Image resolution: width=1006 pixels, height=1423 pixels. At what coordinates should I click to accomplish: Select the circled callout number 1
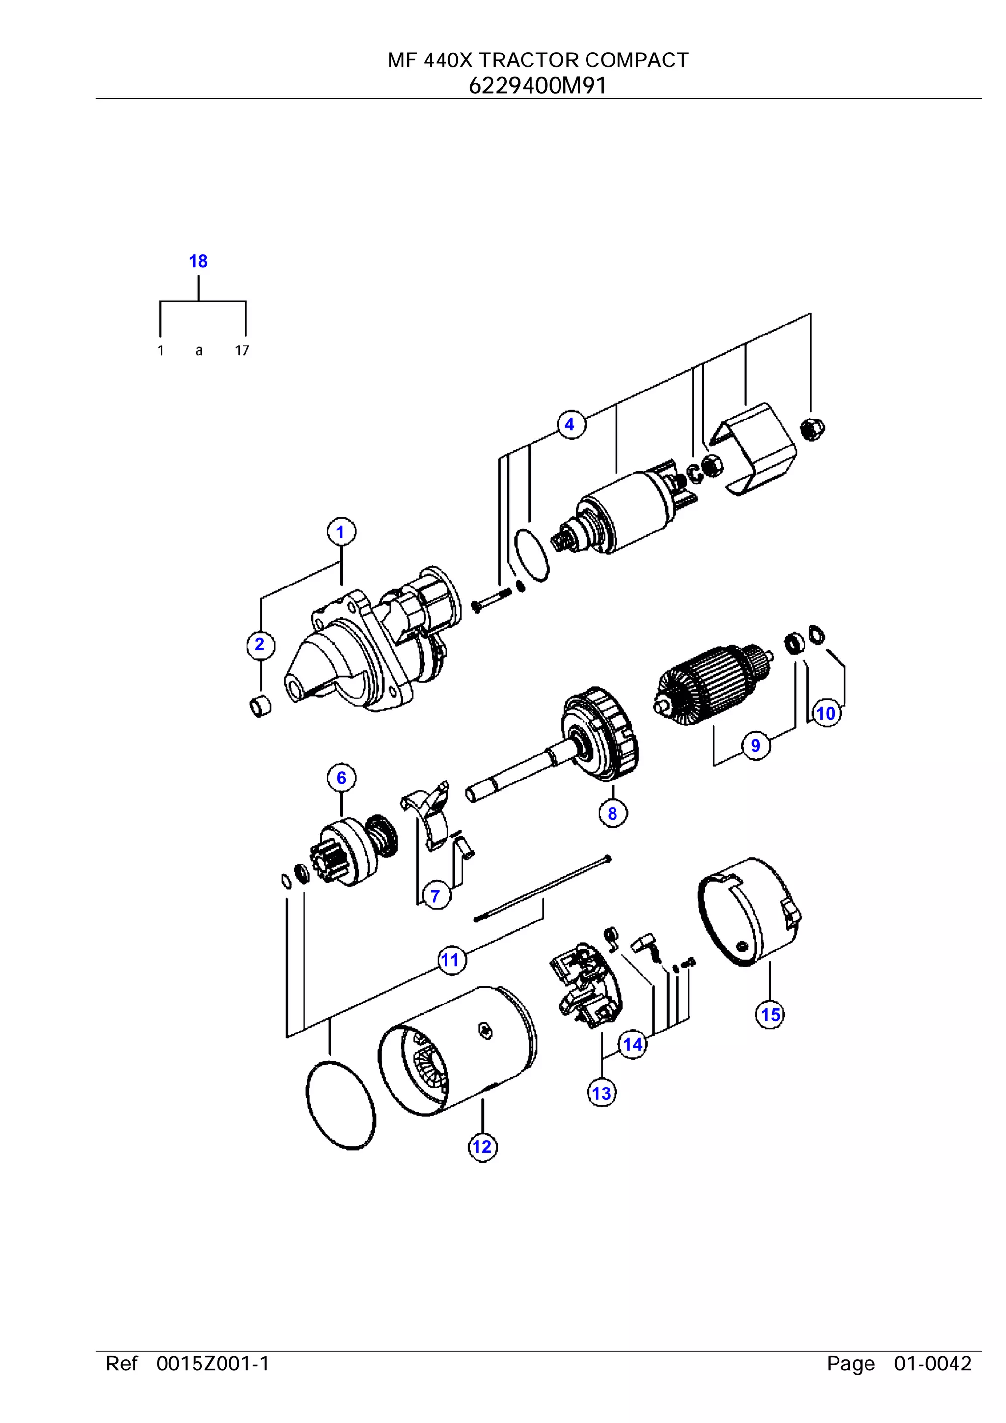(x=340, y=532)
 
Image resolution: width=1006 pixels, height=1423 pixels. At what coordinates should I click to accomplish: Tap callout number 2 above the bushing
(x=260, y=644)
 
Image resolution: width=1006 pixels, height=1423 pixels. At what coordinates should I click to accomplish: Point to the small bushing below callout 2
(x=260, y=706)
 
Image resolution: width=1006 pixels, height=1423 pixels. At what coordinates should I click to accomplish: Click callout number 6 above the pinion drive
(x=341, y=778)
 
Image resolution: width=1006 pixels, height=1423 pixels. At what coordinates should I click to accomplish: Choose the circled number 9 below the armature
(x=755, y=745)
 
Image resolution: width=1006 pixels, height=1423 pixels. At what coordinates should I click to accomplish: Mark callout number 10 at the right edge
(x=826, y=713)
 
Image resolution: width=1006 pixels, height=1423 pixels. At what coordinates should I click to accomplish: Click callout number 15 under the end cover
(x=770, y=1015)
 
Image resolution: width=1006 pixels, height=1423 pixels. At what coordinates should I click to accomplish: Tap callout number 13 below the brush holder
(x=601, y=1093)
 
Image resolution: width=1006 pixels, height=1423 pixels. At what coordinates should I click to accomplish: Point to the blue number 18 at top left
(x=198, y=261)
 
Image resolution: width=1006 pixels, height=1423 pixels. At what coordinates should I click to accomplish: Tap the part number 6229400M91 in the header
(x=537, y=85)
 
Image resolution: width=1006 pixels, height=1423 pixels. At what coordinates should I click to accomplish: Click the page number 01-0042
(x=932, y=1364)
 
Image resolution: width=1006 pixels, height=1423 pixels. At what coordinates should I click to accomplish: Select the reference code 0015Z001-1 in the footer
(x=213, y=1364)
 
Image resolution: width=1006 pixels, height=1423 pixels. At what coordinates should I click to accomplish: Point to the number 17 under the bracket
(x=242, y=351)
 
